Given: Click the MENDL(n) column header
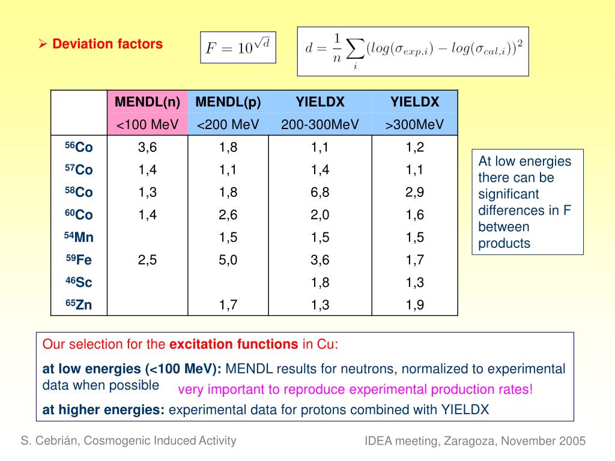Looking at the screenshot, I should [148, 102].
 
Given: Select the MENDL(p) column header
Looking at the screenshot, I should [228, 102].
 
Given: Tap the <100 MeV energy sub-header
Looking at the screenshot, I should [148, 125].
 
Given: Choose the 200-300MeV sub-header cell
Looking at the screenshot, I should [320, 125].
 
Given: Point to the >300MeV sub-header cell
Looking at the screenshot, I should [414, 125].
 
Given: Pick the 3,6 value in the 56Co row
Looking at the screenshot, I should [148, 147].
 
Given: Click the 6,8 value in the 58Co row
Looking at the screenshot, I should [320, 192].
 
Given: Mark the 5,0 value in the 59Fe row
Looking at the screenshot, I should [228, 260].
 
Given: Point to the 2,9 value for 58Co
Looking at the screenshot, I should [414, 192].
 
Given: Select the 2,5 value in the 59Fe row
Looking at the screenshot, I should [148, 260].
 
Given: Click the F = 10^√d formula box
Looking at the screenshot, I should [238, 47].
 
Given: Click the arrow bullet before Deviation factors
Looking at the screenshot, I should [43, 44].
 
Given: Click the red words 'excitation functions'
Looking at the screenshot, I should [234, 345].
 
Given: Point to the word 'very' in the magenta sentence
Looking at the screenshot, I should [190, 390].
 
